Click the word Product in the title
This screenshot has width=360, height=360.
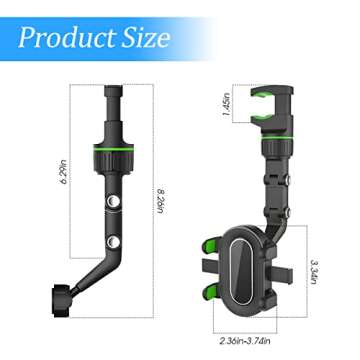tap(66, 39)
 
